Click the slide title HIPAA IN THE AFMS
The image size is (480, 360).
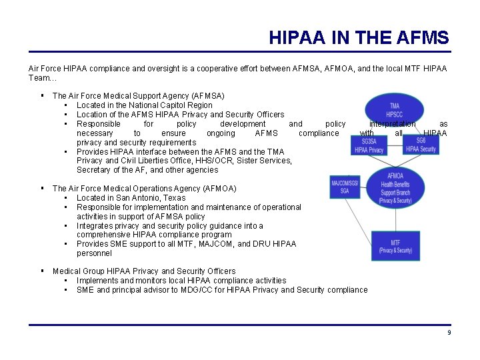pos(359,37)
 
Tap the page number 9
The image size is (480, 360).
pos(449,332)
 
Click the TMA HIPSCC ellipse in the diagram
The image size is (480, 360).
pos(395,110)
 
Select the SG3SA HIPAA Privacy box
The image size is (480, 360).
pos(369,145)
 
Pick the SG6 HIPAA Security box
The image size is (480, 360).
pos(421,145)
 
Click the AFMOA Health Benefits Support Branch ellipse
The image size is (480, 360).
pos(395,188)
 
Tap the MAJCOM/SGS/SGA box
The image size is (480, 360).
pos(345,187)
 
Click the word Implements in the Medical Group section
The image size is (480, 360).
pos(99,281)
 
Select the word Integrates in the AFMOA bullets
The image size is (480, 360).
pos(96,226)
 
